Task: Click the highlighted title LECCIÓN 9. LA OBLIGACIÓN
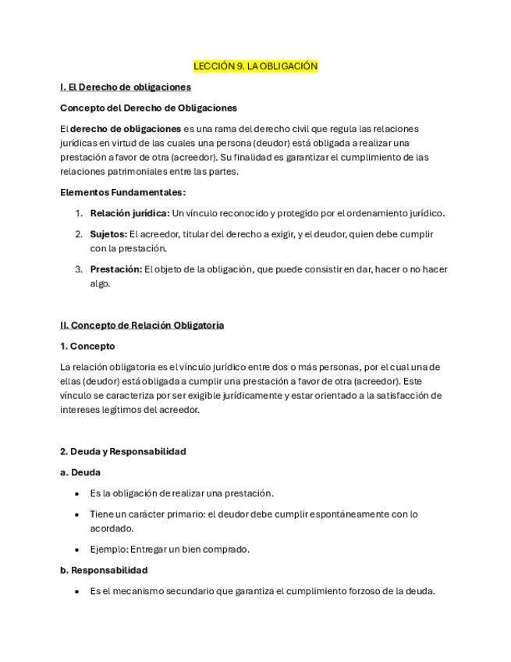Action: click(255, 66)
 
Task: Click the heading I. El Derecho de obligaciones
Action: click(126, 87)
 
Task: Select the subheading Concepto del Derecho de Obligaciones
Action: click(148, 108)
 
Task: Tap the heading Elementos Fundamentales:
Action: click(122, 192)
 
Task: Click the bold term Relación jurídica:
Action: click(130, 213)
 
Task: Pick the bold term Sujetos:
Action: click(108, 234)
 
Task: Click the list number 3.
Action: click(79, 269)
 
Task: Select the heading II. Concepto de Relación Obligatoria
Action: click(142, 325)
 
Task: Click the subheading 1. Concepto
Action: click(87, 346)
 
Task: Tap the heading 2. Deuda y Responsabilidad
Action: click(123, 451)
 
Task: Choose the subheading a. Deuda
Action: click(80, 472)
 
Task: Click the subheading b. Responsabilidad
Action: click(104, 570)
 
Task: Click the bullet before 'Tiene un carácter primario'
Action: click(76, 514)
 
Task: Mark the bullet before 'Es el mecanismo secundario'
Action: click(76, 591)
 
